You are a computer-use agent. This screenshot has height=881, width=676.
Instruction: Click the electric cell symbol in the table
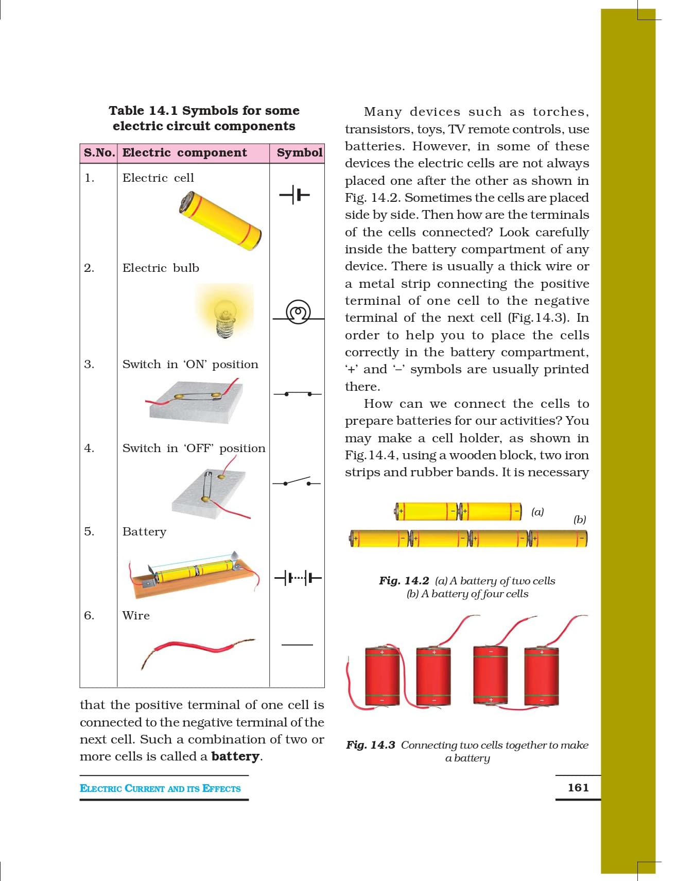[x=294, y=195]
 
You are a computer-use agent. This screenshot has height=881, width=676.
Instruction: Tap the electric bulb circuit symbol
[x=298, y=312]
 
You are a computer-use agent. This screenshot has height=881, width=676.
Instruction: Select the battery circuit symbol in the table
[x=298, y=578]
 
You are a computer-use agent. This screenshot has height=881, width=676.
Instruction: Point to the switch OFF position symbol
[x=297, y=482]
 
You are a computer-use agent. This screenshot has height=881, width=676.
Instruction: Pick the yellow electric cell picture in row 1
[x=220, y=221]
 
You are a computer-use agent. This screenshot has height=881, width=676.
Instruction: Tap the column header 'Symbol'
[x=299, y=153]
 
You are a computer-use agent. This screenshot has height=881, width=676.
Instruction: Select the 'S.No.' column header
[x=99, y=153]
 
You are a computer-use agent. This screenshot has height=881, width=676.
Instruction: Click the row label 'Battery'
[x=144, y=532]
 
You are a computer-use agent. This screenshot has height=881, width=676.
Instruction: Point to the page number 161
[x=578, y=788]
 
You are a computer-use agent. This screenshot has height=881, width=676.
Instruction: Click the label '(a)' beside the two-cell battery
[x=538, y=512]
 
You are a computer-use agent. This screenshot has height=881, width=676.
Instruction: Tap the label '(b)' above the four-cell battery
[x=580, y=520]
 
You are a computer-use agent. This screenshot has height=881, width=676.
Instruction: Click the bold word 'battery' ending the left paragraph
[x=235, y=756]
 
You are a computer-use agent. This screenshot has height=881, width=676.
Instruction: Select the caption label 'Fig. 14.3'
[x=371, y=745]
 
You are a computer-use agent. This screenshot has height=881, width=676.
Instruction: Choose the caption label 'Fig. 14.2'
[x=404, y=581]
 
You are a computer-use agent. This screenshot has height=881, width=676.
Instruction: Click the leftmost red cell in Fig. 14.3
[x=382, y=677]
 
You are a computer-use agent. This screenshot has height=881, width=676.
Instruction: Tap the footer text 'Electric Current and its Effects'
[x=160, y=789]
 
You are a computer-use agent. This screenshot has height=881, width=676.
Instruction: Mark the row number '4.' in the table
[x=90, y=448]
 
